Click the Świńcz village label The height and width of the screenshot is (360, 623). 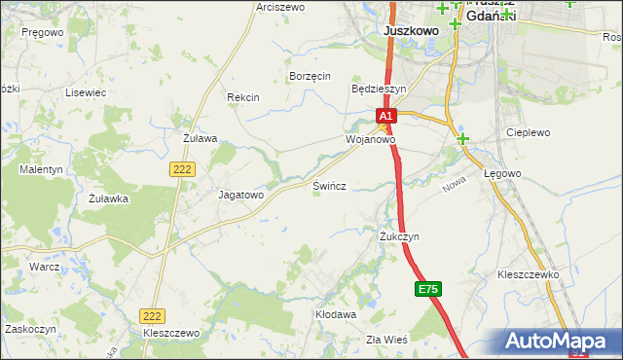click(x=329, y=185)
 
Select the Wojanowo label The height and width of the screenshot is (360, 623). click(x=370, y=140)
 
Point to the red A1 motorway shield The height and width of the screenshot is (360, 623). click(x=385, y=117)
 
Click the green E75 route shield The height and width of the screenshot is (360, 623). click(x=428, y=289)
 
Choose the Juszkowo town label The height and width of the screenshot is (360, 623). click(x=411, y=30)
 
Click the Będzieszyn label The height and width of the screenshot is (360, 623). click(x=378, y=88)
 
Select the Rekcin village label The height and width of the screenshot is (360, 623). click(x=242, y=97)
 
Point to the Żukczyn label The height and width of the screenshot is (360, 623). click(x=399, y=236)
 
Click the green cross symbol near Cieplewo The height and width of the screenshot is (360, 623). click(x=463, y=139)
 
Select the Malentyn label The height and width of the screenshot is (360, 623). click(x=41, y=169)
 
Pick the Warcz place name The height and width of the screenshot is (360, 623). click(x=45, y=266)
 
